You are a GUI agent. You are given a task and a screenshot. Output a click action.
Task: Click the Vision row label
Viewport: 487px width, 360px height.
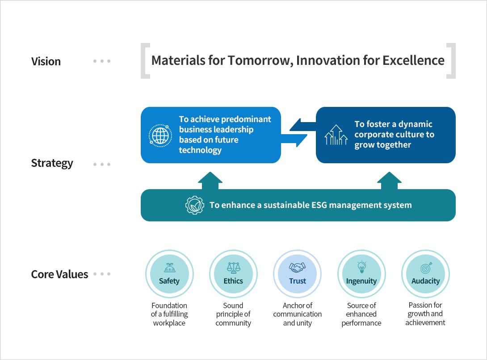click(46, 61)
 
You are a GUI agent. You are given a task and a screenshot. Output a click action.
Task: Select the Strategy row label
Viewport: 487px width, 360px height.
click(52, 163)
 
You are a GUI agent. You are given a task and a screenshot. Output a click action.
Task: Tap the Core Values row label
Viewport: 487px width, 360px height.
click(59, 274)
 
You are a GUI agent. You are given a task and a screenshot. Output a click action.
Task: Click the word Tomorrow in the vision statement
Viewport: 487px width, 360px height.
click(260, 61)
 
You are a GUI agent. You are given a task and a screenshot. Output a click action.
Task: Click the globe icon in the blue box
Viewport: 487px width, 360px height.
click(160, 136)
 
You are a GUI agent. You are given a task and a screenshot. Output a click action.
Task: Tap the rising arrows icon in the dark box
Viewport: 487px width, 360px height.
click(336, 135)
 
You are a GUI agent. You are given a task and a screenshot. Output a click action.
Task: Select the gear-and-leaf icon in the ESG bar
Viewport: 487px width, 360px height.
click(195, 205)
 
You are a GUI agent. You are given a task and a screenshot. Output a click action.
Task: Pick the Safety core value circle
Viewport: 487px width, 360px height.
click(169, 274)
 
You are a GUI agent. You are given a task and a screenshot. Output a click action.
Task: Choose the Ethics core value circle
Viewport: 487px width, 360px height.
click(233, 274)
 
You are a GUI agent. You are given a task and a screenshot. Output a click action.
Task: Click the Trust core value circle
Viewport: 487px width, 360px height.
click(297, 274)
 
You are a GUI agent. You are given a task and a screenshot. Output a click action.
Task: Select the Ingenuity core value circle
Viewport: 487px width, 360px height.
click(361, 274)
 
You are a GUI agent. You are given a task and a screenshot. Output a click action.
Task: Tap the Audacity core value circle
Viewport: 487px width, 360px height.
click(425, 274)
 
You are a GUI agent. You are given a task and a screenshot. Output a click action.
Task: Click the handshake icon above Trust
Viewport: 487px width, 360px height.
click(297, 267)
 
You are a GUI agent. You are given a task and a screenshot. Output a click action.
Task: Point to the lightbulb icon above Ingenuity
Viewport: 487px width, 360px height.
click(362, 267)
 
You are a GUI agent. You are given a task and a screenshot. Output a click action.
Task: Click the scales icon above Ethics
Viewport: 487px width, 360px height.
click(234, 267)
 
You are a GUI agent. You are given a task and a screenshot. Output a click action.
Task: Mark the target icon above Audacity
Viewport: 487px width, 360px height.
click(426, 268)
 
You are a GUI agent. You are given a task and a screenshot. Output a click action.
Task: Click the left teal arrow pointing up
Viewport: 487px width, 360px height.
click(210, 181)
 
